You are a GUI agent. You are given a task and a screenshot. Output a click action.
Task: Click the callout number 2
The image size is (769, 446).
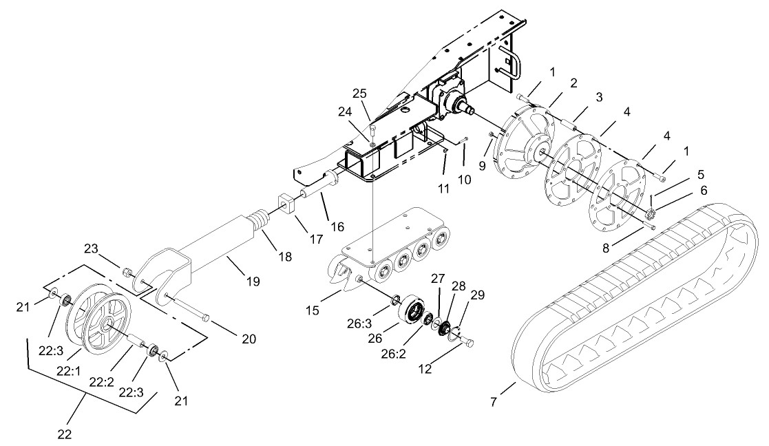pos(571,82)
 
